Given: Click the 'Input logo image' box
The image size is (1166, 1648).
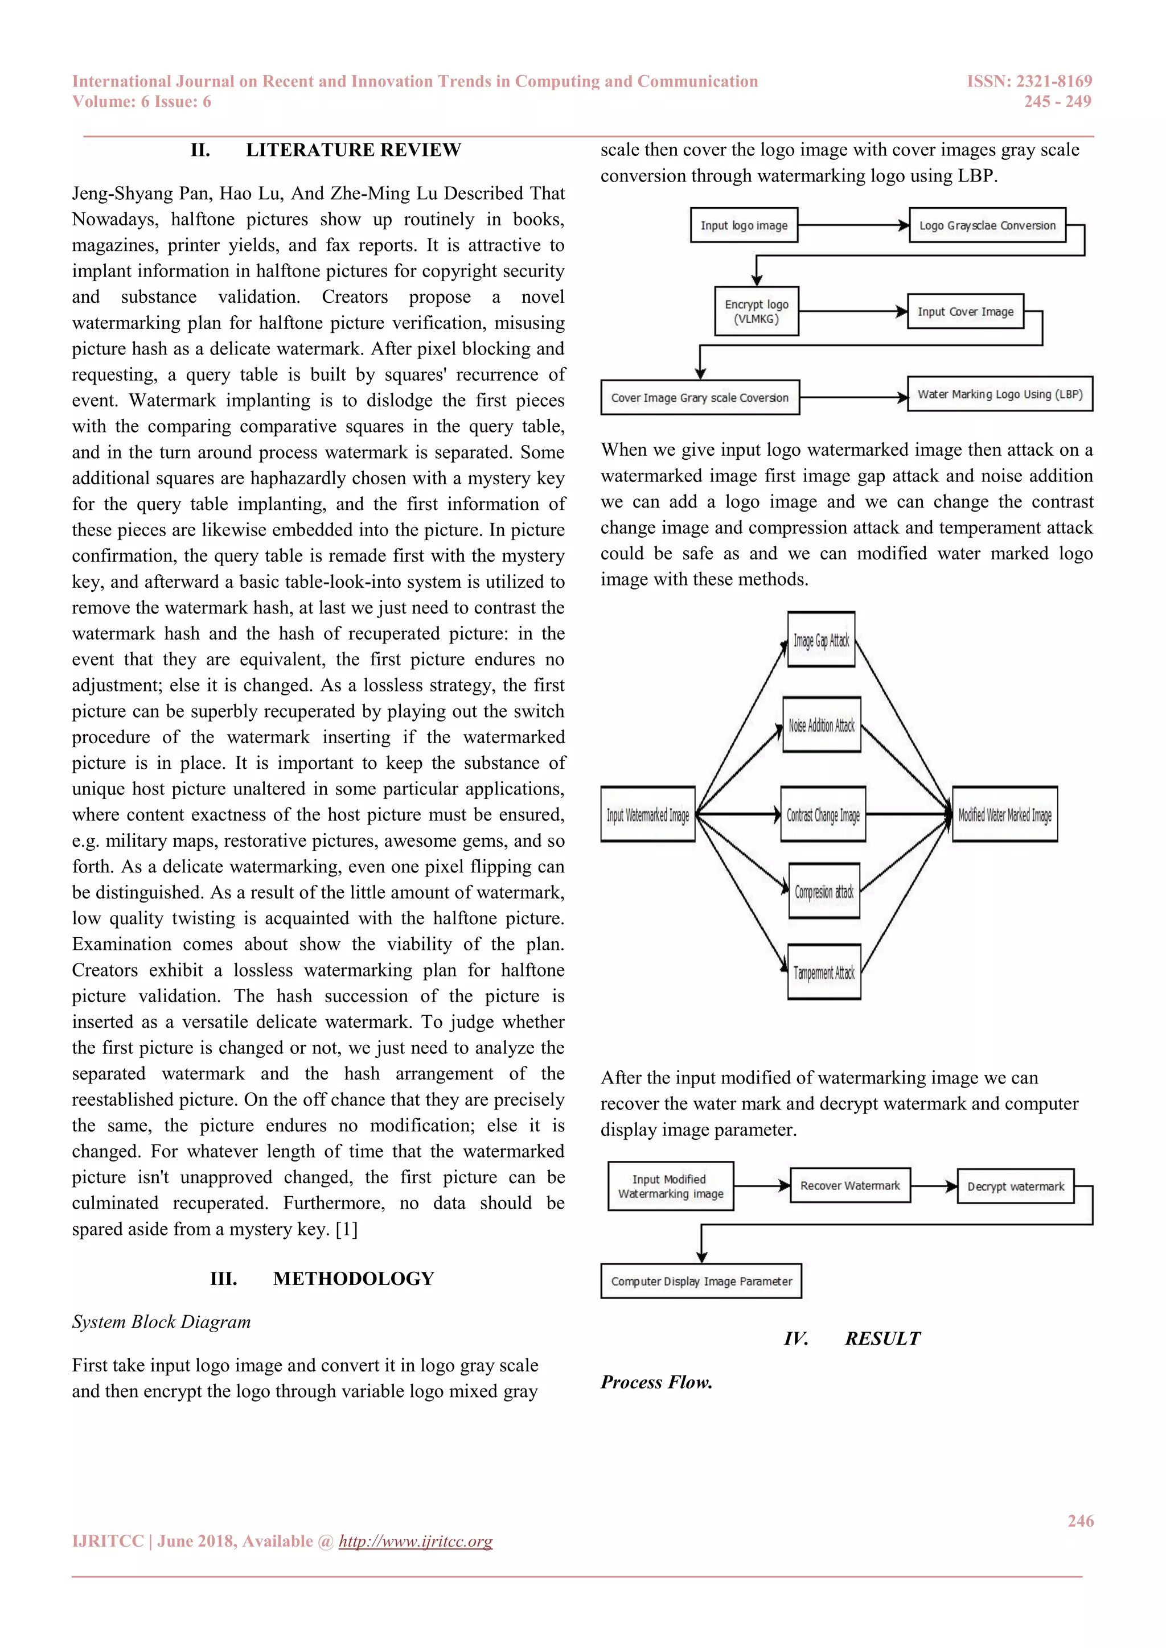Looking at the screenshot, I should click(744, 225).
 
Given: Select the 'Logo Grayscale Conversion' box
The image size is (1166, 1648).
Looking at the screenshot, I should click(987, 225).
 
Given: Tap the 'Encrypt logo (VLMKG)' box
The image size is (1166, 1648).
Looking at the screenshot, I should click(756, 311).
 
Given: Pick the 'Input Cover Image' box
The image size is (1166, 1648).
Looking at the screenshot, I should click(965, 311).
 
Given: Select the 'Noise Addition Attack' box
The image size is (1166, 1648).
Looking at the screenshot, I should click(822, 725).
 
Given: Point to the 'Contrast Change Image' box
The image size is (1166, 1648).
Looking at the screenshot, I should click(823, 815).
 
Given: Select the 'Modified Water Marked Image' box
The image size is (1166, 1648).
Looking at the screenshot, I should click(1004, 815).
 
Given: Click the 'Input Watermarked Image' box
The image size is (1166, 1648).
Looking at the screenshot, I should click(647, 815).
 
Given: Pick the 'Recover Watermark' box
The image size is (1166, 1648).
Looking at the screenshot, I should click(850, 1186).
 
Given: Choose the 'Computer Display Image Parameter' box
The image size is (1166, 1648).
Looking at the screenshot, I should click(701, 1281).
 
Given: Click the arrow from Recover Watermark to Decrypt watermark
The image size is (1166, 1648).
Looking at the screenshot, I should click(933, 1186).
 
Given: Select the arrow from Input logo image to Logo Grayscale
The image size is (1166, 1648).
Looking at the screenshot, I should click(853, 225).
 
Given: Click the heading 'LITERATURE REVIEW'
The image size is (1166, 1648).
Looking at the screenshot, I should click(353, 150).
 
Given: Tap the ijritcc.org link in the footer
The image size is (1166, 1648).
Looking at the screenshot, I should click(415, 1541).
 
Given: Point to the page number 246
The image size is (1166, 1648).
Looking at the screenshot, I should click(1080, 1521).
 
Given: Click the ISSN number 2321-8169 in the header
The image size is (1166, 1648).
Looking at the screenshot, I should click(1054, 81).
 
